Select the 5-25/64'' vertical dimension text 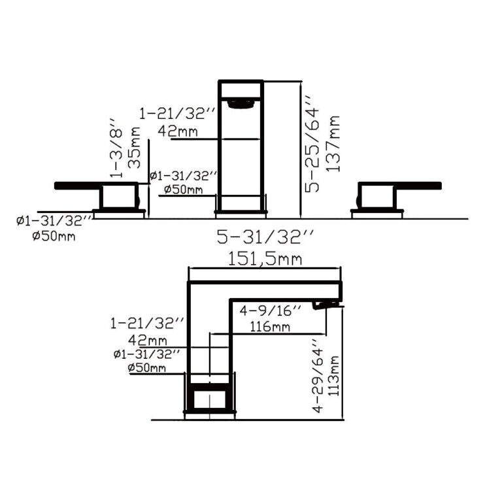(315, 146)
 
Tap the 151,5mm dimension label (265, 259)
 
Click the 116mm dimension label (273, 326)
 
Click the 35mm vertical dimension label (135, 153)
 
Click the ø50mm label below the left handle (54, 236)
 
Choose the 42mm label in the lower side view (148, 341)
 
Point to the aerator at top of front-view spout (240, 102)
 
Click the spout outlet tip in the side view (327, 304)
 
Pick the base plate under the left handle (118, 212)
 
